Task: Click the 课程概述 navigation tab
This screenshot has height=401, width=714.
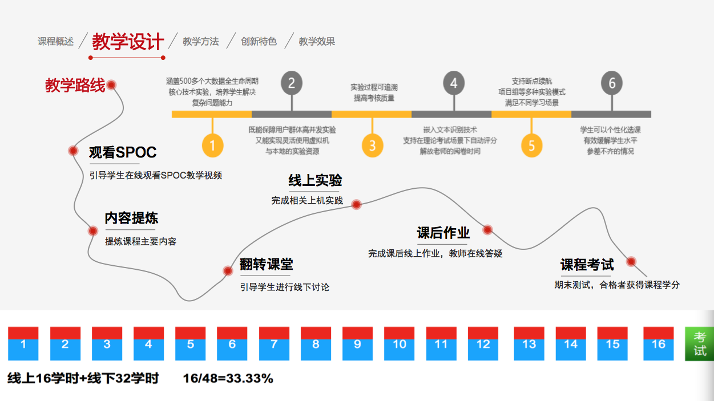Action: point(55,42)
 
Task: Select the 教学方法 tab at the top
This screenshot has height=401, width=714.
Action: point(200,42)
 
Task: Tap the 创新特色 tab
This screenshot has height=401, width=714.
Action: point(259,42)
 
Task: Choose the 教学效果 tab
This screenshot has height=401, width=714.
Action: point(317,42)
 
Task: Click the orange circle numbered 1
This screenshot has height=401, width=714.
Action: point(212,145)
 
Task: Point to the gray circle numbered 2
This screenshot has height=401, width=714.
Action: point(292,84)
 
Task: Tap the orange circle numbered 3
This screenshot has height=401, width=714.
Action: point(372,145)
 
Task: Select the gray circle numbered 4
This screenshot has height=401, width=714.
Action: point(453,84)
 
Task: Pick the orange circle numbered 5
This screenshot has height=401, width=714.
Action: point(531,145)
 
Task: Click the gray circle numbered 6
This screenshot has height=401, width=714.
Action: point(612,84)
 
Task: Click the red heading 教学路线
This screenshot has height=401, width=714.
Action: point(75,86)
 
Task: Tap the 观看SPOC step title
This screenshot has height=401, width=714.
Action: point(123,153)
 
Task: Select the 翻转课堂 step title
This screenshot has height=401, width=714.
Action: point(267,265)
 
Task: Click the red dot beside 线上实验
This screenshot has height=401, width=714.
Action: point(356,204)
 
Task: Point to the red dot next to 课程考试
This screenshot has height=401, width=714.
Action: point(631,262)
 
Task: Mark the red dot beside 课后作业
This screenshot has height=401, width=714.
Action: point(487,230)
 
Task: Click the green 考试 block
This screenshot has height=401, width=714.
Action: point(700,344)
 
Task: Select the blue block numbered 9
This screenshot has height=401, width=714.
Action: point(357,345)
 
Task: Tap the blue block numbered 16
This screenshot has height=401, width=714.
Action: point(658,345)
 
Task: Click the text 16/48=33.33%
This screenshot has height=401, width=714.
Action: point(228,379)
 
